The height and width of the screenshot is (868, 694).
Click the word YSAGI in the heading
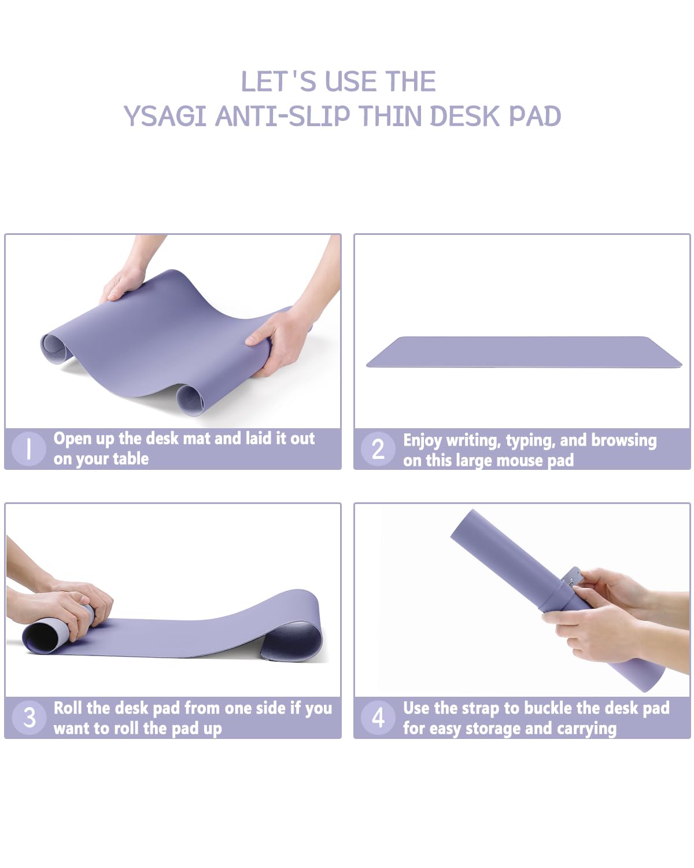pos(165,116)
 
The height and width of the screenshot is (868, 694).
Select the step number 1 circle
pos(28,448)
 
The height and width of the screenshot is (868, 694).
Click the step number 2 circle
pos(378,449)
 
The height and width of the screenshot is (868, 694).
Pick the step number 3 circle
pos(29,718)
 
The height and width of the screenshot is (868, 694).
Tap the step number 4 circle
pos(378,718)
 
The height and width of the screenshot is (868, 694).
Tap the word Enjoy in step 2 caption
pos(422,440)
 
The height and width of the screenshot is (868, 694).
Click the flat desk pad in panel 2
pos(523,352)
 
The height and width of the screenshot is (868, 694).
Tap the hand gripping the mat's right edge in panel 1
pos(278,341)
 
